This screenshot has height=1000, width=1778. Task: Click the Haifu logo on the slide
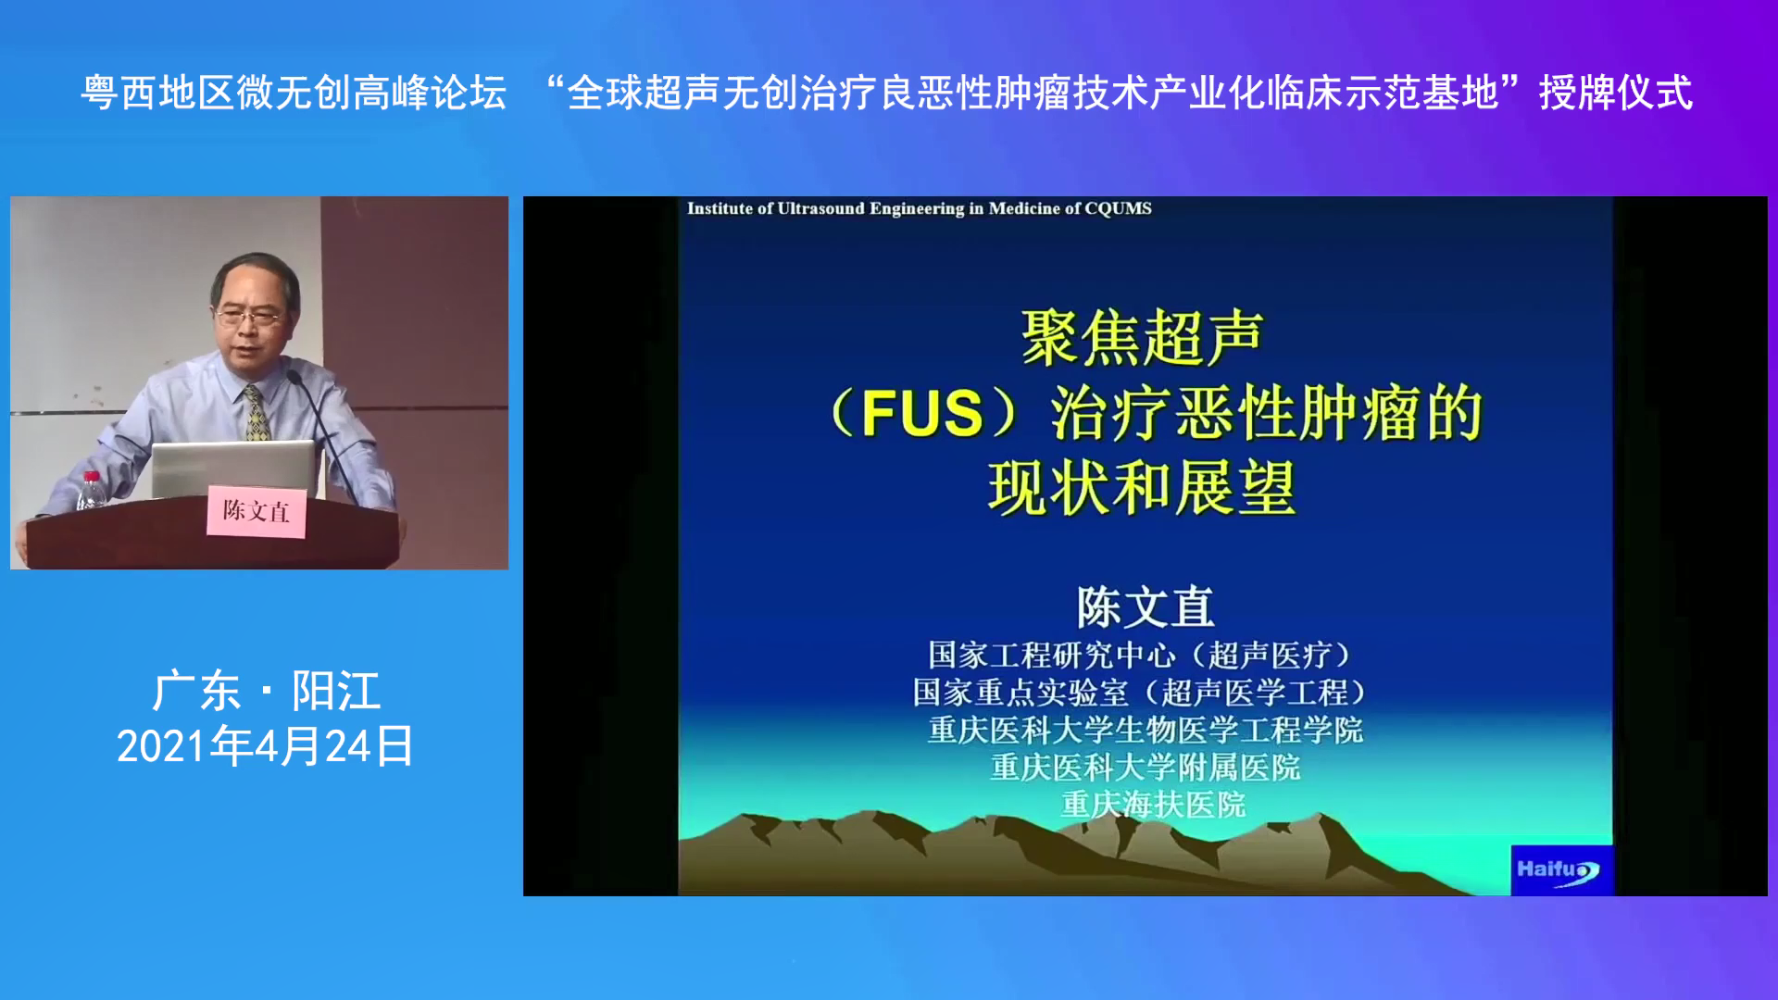pos(1561,870)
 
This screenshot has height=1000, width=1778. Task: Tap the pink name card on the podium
pos(257,511)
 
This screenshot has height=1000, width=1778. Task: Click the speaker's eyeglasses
pos(248,317)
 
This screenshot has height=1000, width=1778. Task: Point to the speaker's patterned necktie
pos(257,413)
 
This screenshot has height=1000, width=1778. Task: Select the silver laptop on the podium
pos(233,469)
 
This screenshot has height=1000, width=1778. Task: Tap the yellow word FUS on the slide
pos(921,413)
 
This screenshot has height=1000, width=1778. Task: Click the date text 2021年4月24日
pos(265,746)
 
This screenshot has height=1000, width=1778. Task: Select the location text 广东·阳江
pos(267,691)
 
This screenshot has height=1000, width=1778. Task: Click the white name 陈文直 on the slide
pos(1146,607)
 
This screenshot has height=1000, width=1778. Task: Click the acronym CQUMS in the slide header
pos(1118,208)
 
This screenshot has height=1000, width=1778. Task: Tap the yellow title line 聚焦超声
pos(1143,338)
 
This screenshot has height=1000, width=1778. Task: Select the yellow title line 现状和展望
pos(1142,488)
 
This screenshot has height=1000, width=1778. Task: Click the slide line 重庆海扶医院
pos(1153,805)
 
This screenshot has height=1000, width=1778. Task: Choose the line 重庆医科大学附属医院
pos(1146,767)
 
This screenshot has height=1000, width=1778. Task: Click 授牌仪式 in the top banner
pos(1616,93)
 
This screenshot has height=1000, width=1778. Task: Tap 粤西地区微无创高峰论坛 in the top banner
pos(294,93)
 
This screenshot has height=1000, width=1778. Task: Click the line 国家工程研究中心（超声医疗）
pos(1143,655)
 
